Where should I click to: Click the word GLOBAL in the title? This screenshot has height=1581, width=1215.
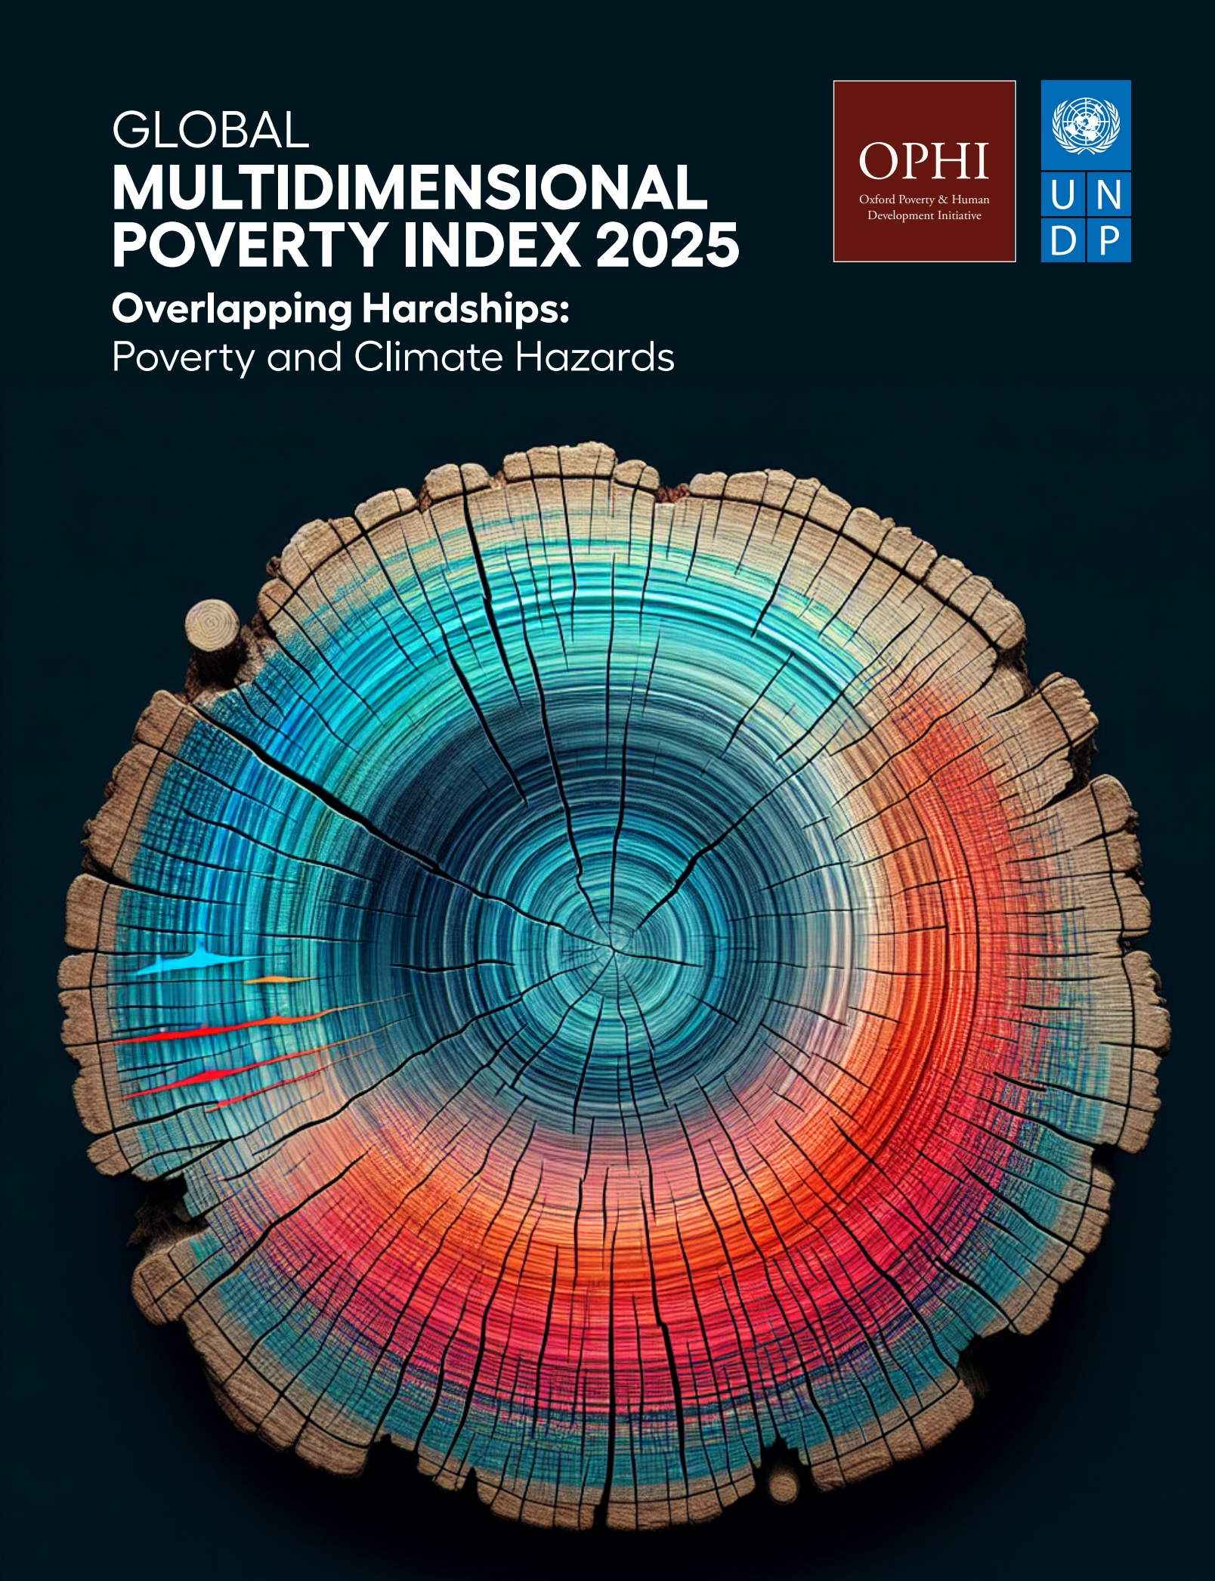point(210,130)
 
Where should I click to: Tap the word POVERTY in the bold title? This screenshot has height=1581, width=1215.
point(249,245)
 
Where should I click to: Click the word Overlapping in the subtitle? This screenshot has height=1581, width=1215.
point(231,310)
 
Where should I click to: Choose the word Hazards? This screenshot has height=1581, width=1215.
point(595,357)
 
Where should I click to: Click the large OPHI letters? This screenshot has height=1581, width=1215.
point(923,161)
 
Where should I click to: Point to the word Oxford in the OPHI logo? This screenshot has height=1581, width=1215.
point(876,200)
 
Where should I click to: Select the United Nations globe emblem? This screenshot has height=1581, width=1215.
point(1086,125)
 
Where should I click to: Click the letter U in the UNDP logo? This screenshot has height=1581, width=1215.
point(1062,196)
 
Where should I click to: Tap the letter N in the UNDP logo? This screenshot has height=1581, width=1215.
point(1108,196)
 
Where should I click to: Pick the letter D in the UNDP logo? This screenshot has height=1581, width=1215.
point(1062,241)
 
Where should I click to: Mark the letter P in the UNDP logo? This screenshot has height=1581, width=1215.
point(1108,241)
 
